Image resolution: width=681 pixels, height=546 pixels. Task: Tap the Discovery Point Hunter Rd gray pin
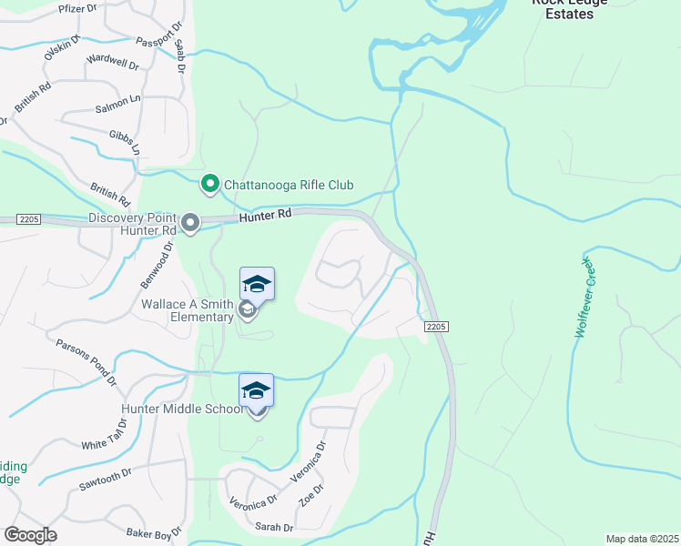[x=190, y=223]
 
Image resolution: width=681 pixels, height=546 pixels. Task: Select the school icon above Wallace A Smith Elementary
[x=257, y=285]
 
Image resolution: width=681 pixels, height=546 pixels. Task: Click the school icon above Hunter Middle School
[x=256, y=390]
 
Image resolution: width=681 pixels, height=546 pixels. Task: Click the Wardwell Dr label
[x=112, y=66]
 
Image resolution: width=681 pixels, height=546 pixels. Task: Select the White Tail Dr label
[x=108, y=438]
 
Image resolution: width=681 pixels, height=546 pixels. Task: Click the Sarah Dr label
[x=274, y=527]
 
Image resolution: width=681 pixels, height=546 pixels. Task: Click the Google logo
[x=30, y=535]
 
